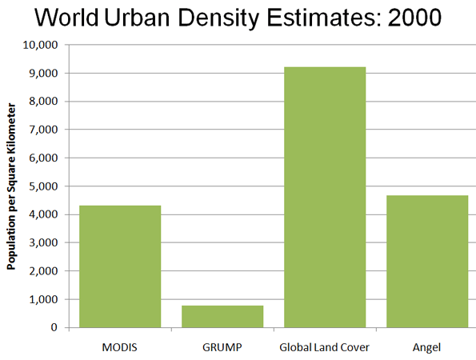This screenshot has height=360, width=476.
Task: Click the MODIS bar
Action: (x=120, y=266)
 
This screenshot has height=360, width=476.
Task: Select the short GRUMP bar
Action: (x=222, y=317)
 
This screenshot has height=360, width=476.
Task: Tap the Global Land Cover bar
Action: (x=325, y=198)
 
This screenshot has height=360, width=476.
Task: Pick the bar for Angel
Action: (x=427, y=262)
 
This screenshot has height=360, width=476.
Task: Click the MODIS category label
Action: (x=120, y=347)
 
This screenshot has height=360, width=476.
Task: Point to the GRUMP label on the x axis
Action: (x=222, y=347)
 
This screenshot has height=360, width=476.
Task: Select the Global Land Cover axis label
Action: (x=324, y=347)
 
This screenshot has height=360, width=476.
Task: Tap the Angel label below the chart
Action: (x=426, y=348)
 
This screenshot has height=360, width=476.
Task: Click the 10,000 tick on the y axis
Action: (x=40, y=46)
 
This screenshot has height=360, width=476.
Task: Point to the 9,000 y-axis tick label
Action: (x=43, y=74)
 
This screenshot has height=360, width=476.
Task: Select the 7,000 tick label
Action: (x=43, y=130)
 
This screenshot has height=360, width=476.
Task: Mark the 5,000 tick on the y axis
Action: (x=43, y=186)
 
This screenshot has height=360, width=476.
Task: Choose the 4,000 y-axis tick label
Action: (x=43, y=214)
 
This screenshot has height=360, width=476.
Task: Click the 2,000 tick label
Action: (x=43, y=271)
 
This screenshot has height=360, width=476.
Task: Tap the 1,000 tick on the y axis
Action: (x=43, y=299)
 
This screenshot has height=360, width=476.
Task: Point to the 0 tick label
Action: (x=54, y=327)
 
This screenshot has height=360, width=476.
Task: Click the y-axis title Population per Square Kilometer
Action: (x=11, y=186)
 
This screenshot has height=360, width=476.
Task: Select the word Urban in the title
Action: (x=137, y=18)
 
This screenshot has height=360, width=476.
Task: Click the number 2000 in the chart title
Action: (x=414, y=18)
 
